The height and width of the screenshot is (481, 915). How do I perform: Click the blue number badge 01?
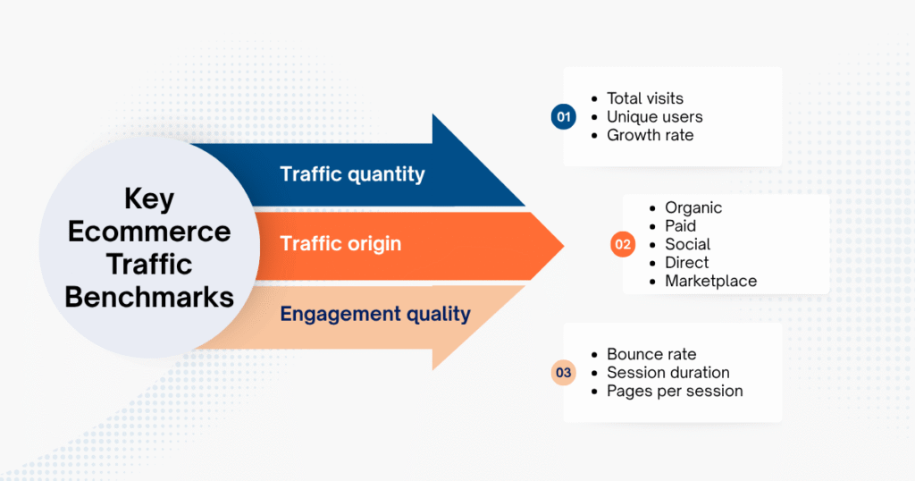click(x=563, y=117)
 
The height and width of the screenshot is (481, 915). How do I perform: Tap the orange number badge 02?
click(x=623, y=245)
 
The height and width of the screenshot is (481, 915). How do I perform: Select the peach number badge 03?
click(x=563, y=373)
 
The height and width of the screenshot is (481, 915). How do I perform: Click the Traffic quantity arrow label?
click(x=351, y=173)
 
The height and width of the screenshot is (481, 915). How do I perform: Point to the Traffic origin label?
click(x=340, y=243)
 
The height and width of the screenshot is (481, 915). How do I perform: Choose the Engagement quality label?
click(x=375, y=313)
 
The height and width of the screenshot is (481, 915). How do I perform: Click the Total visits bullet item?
click(x=644, y=98)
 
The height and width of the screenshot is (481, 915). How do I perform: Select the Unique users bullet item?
click(x=654, y=117)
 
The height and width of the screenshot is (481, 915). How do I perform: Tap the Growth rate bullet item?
click(x=650, y=136)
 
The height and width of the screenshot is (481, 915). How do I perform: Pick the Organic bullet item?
click(x=693, y=207)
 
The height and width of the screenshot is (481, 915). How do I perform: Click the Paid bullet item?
click(x=680, y=226)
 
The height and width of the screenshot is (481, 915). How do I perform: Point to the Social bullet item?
click(x=687, y=244)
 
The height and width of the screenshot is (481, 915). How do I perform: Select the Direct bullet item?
click(x=686, y=263)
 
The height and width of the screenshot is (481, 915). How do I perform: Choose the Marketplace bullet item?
click(x=710, y=281)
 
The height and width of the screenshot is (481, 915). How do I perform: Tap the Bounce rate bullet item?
click(x=651, y=354)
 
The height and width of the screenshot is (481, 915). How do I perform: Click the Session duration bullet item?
click(x=667, y=372)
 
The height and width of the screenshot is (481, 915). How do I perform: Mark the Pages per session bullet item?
click(x=674, y=391)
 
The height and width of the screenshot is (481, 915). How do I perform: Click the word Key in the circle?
click(x=149, y=198)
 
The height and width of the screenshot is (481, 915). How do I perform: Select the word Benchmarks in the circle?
click(x=149, y=296)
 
